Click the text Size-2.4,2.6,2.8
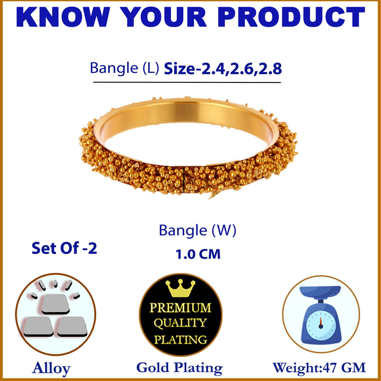(223, 69)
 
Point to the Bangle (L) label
(125, 69)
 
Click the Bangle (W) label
(198, 231)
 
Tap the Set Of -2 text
(64, 248)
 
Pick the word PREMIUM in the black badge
(180, 307)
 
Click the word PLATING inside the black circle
(180, 339)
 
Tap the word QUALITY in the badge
(180, 323)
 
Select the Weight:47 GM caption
(319, 367)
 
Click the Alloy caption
(51, 368)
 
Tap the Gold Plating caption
(179, 367)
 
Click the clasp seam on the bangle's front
(184, 178)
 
